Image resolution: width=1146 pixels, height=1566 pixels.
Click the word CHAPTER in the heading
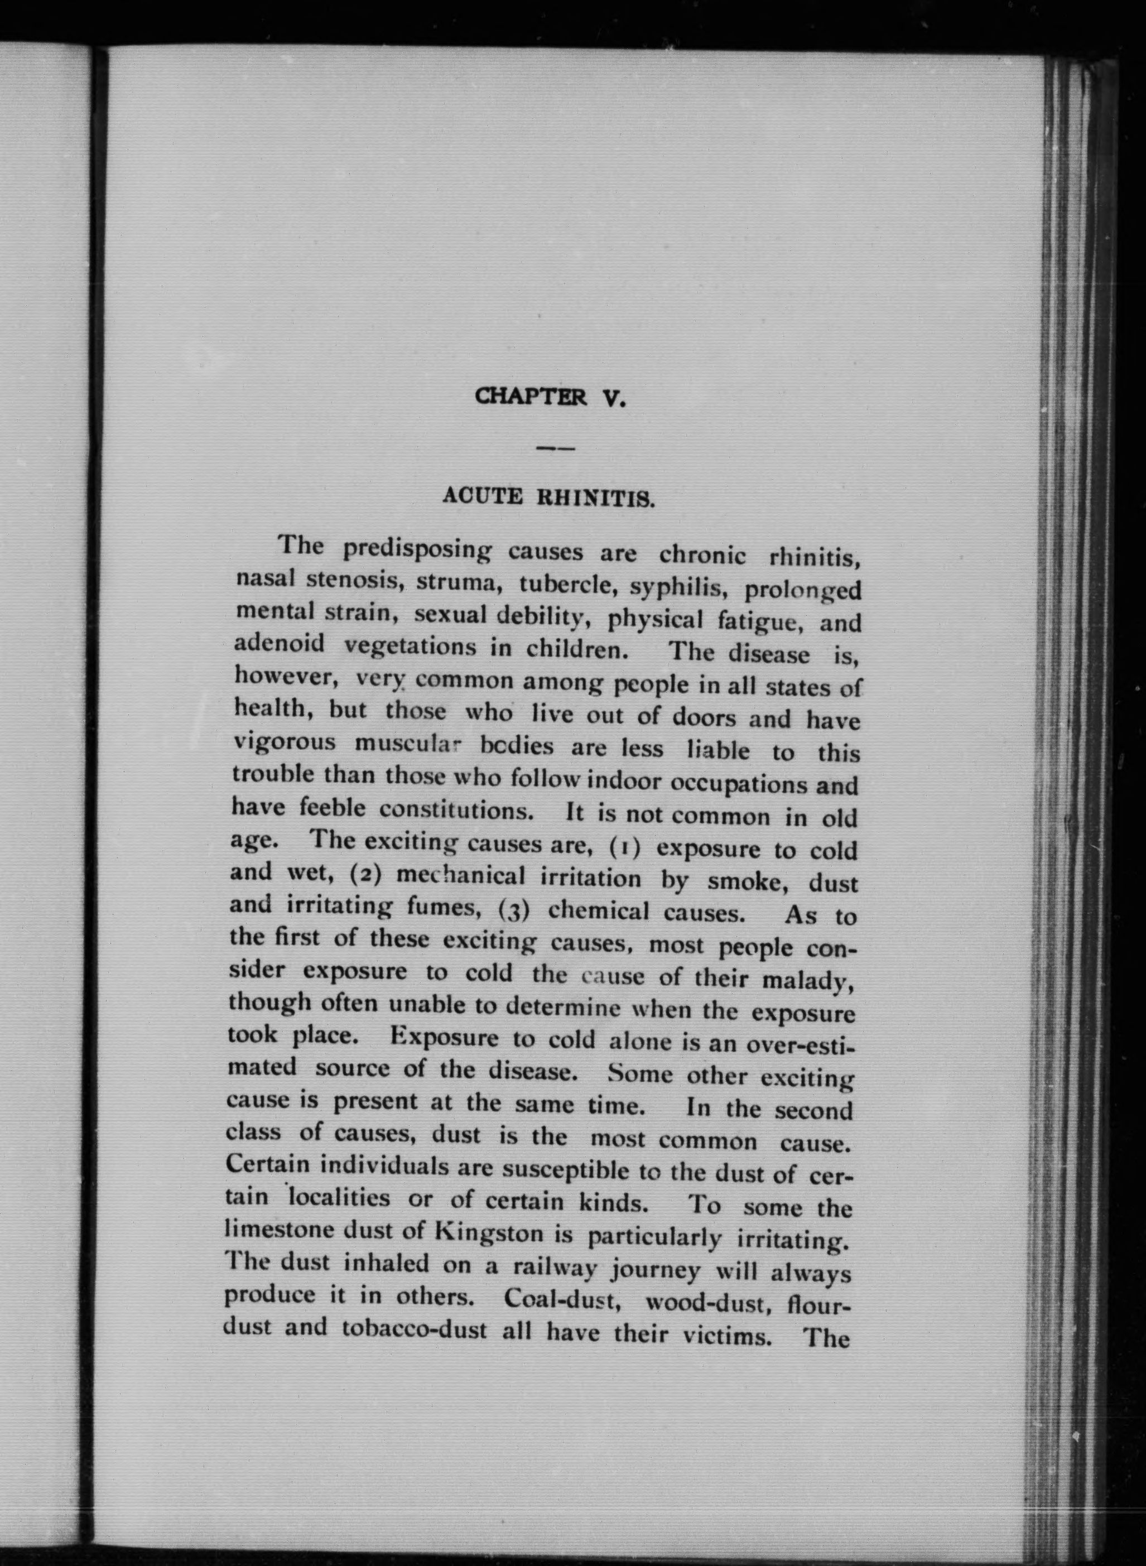tap(531, 397)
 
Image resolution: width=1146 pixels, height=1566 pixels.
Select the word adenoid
tap(279, 643)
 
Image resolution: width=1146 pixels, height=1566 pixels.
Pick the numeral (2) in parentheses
tap(366, 873)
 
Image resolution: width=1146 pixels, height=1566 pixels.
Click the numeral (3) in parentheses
tap(514, 909)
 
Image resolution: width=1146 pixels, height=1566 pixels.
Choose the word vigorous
tap(285, 742)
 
